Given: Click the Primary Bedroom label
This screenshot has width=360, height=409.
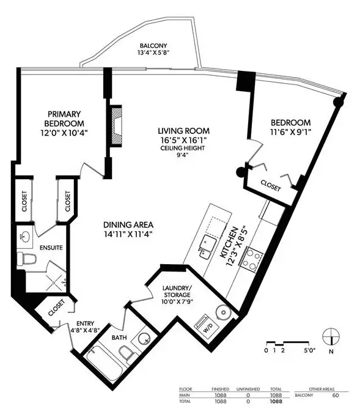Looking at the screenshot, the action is pos(64,119).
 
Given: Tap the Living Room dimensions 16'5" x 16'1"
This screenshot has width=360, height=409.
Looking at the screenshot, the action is pos(183,141).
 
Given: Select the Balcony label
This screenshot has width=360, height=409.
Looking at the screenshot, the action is pos(153,46).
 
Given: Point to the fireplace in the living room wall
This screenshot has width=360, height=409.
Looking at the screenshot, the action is pos(116,127).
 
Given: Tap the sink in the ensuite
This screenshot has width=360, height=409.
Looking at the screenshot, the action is pos(25,237).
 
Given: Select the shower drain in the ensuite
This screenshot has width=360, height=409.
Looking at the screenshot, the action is pos(54,282).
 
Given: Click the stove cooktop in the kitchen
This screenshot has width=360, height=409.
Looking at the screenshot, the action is pos(252,260).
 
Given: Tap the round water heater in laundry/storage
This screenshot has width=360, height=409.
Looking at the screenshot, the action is pos(224,312).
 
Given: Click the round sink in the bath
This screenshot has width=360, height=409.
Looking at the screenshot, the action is pos(144,339).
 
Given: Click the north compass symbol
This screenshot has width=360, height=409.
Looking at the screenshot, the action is pos(331,336).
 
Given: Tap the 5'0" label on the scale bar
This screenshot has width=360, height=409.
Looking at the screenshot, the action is pos(309,350).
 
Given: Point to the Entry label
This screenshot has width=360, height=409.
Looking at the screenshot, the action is pos(86,323).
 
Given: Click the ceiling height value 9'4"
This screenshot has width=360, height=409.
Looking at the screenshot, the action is pos(182,155).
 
